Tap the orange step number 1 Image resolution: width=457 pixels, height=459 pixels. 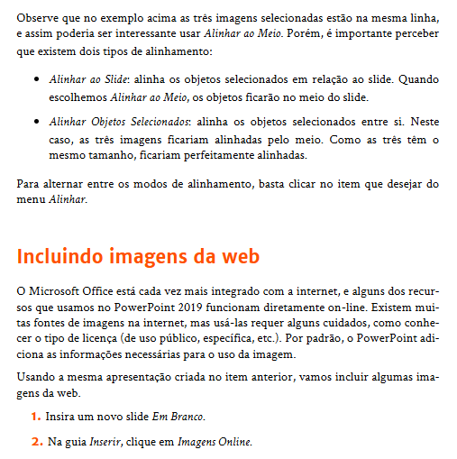(x=36, y=418)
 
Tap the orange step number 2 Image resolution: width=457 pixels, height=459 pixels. (x=36, y=443)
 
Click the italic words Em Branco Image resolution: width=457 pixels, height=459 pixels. (x=184, y=418)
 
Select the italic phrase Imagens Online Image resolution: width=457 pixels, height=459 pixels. (x=215, y=443)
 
